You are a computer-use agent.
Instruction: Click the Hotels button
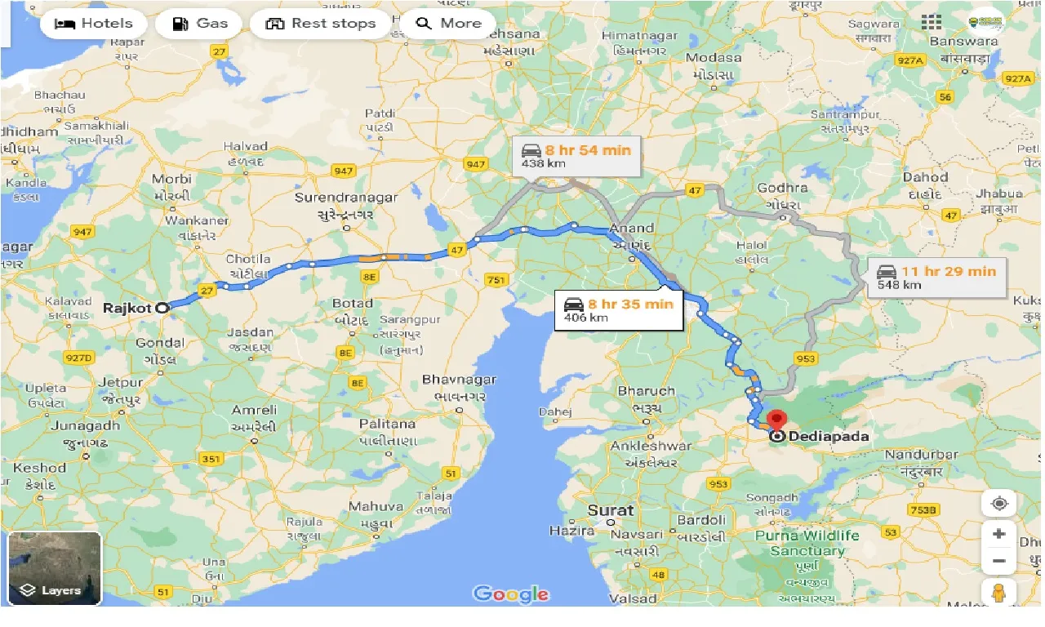(93, 23)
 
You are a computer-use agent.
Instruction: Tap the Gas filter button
(198, 23)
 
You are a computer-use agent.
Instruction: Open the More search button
(447, 23)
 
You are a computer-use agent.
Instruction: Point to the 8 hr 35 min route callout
(618, 309)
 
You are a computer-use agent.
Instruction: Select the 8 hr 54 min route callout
(576, 156)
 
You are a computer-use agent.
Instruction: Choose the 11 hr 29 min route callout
(936, 278)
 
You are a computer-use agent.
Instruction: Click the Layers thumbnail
(55, 568)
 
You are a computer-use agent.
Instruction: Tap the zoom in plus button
(998, 534)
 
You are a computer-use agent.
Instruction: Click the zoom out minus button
(998, 562)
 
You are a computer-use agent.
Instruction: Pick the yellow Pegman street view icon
(998, 593)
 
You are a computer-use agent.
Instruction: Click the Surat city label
(610, 510)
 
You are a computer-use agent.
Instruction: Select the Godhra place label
(782, 189)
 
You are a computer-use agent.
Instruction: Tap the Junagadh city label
(85, 425)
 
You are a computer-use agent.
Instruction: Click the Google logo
(510, 594)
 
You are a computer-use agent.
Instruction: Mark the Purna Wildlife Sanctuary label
(807, 543)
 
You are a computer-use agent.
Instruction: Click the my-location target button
(998, 503)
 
